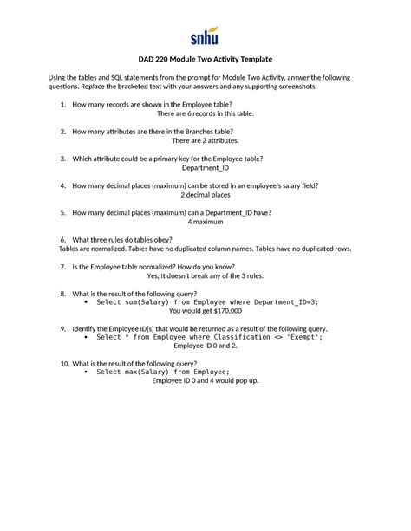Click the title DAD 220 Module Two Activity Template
point(205,59)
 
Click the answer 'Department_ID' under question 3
point(205,168)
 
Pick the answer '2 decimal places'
point(205,195)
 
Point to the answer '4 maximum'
point(205,222)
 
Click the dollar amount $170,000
point(224,310)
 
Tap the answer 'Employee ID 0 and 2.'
point(205,345)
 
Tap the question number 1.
point(63,105)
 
